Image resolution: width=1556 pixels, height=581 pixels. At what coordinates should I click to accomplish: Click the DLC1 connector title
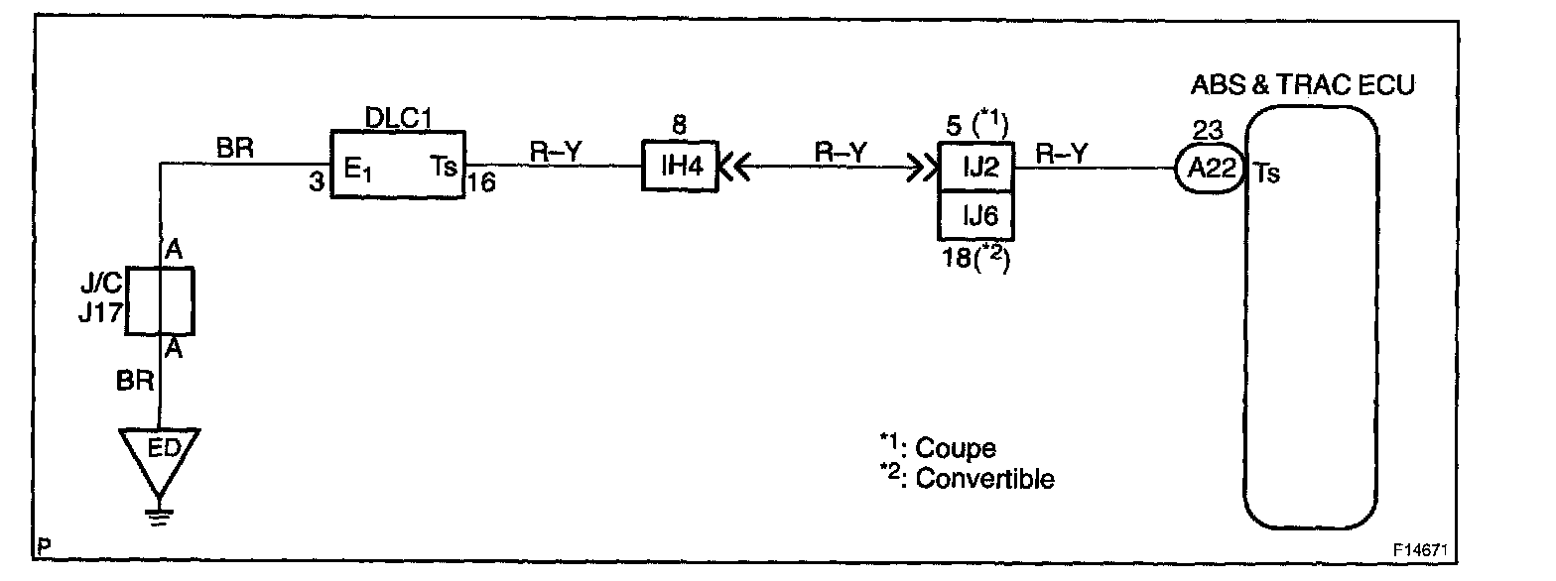[x=399, y=115]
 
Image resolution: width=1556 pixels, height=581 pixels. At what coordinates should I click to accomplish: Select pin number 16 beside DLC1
[x=482, y=185]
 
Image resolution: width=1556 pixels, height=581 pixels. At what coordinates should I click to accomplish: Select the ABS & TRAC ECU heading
[x=1302, y=85]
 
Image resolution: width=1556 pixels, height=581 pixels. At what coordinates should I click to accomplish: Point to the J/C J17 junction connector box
[x=160, y=299]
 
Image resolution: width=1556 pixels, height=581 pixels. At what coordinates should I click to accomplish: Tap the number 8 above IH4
[x=680, y=126]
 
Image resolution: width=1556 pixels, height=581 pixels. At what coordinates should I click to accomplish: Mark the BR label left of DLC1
[x=234, y=151]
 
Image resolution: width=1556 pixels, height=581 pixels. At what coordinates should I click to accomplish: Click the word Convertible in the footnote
[x=984, y=479]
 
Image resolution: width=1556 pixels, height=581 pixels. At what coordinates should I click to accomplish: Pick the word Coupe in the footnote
[x=955, y=448]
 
